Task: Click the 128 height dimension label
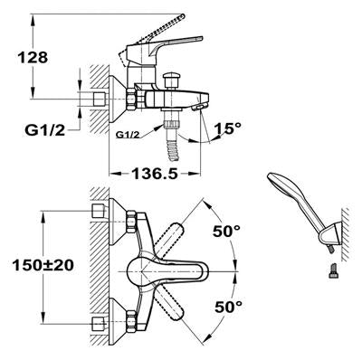click(x=33, y=57)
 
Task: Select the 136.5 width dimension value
click(x=155, y=174)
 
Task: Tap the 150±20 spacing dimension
click(x=43, y=265)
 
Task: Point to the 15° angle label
click(x=228, y=128)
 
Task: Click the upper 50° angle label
click(x=227, y=232)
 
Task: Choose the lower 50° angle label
click(x=228, y=307)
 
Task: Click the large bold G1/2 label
click(x=45, y=130)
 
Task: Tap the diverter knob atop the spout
click(x=171, y=81)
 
